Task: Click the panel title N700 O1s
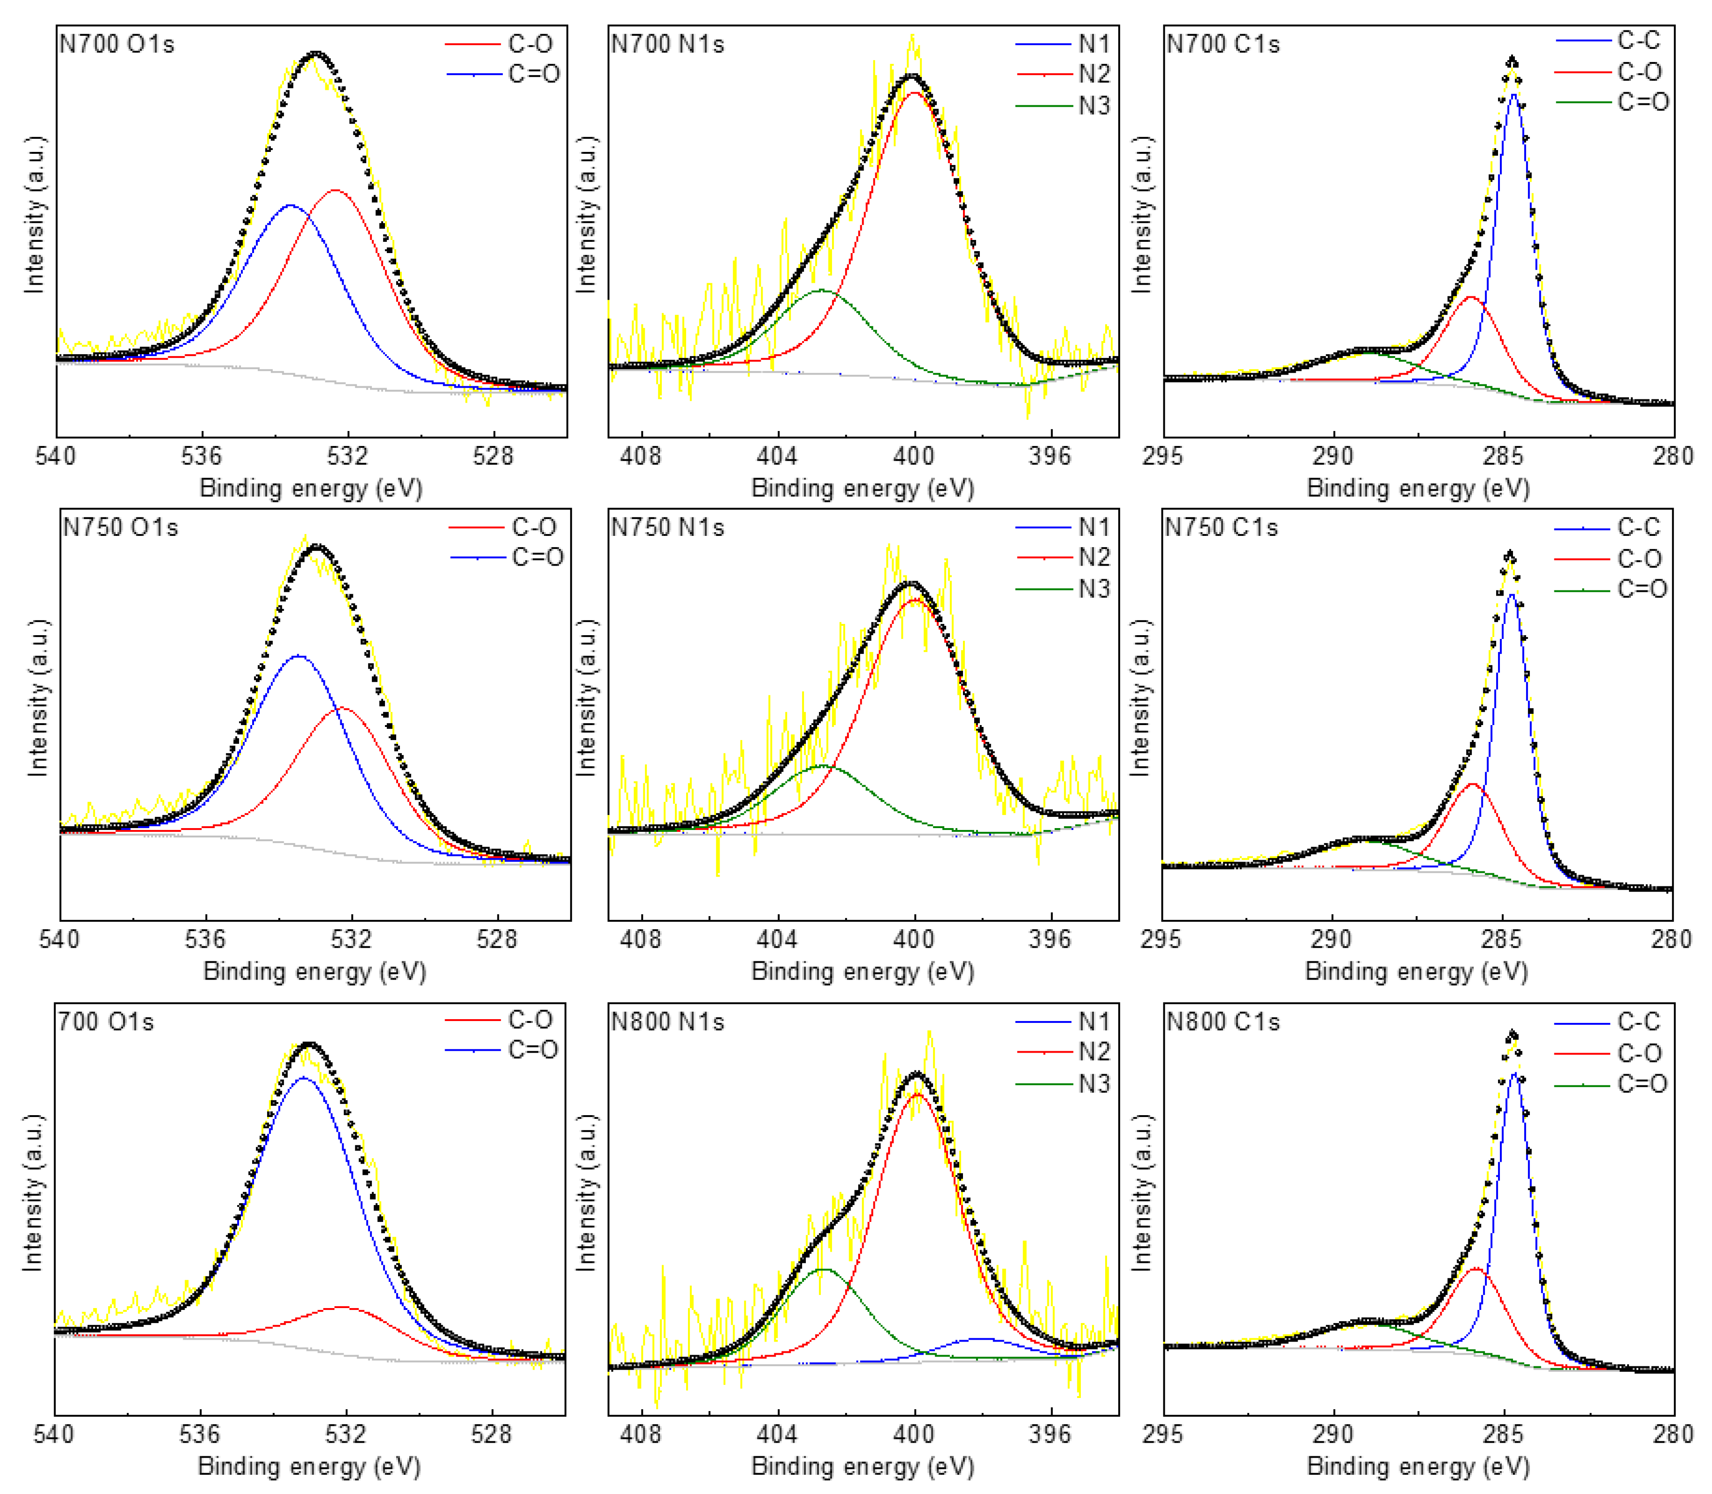point(116,44)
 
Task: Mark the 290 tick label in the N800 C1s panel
point(1333,1434)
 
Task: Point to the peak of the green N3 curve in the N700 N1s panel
point(821,290)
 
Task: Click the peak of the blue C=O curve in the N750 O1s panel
point(298,656)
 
